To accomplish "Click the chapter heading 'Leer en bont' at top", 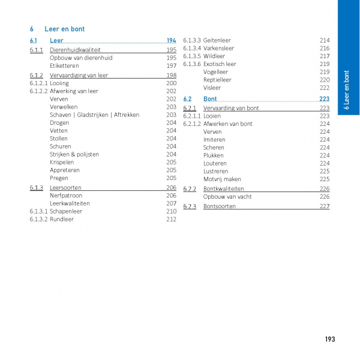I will tap(65, 28).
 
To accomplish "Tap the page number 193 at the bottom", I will tap(329, 340).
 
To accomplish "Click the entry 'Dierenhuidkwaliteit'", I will tap(75, 50).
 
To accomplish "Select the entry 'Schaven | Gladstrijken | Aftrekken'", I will tap(95, 115).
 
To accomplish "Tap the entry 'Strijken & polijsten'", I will tap(74, 154).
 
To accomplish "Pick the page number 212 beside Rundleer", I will tap(171, 220).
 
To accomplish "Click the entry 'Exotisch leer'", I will tap(220, 64).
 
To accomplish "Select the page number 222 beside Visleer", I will tap(325, 88).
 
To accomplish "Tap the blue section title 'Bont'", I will tap(210, 98).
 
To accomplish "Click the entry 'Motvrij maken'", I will tap(222, 179).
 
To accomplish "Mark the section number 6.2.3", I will tap(190, 206).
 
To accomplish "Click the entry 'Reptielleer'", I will tap(217, 80).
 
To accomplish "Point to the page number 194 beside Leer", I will tap(171, 40).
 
